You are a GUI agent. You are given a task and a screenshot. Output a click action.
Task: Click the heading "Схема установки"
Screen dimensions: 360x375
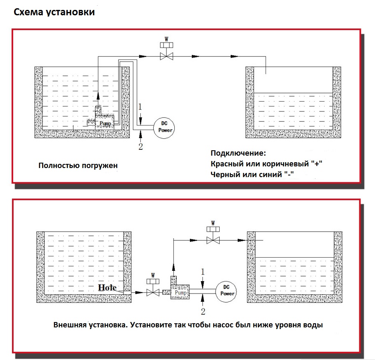point(55,12)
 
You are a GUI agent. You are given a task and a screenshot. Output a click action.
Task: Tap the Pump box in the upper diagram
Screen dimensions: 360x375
point(105,123)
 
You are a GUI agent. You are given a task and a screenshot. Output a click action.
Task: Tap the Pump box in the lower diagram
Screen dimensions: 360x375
point(180,292)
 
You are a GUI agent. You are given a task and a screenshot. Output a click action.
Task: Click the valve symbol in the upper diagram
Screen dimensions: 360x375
point(166,55)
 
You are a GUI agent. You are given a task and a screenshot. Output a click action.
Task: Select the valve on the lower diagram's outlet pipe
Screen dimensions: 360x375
point(213,239)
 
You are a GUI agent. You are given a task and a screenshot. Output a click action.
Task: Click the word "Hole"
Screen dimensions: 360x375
point(107,288)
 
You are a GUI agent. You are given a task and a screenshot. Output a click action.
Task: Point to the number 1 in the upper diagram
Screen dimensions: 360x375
point(140,107)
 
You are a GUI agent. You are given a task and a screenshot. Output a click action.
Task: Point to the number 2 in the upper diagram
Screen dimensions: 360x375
point(140,147)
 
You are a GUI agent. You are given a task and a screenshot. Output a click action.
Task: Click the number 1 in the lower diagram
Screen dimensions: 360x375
point(203,271)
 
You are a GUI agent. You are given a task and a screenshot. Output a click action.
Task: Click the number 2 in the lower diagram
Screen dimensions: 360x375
point(203,311)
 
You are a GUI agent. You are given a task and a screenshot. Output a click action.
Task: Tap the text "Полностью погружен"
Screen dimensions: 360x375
point(78,165)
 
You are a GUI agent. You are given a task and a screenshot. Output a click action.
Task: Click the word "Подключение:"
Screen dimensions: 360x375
point(238,154)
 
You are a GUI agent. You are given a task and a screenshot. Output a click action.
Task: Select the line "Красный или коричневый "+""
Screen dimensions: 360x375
point(266,164)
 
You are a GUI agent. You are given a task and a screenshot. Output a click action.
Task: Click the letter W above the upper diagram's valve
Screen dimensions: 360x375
point(166,39)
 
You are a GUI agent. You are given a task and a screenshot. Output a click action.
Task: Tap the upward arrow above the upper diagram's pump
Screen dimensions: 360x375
point(98,96)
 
